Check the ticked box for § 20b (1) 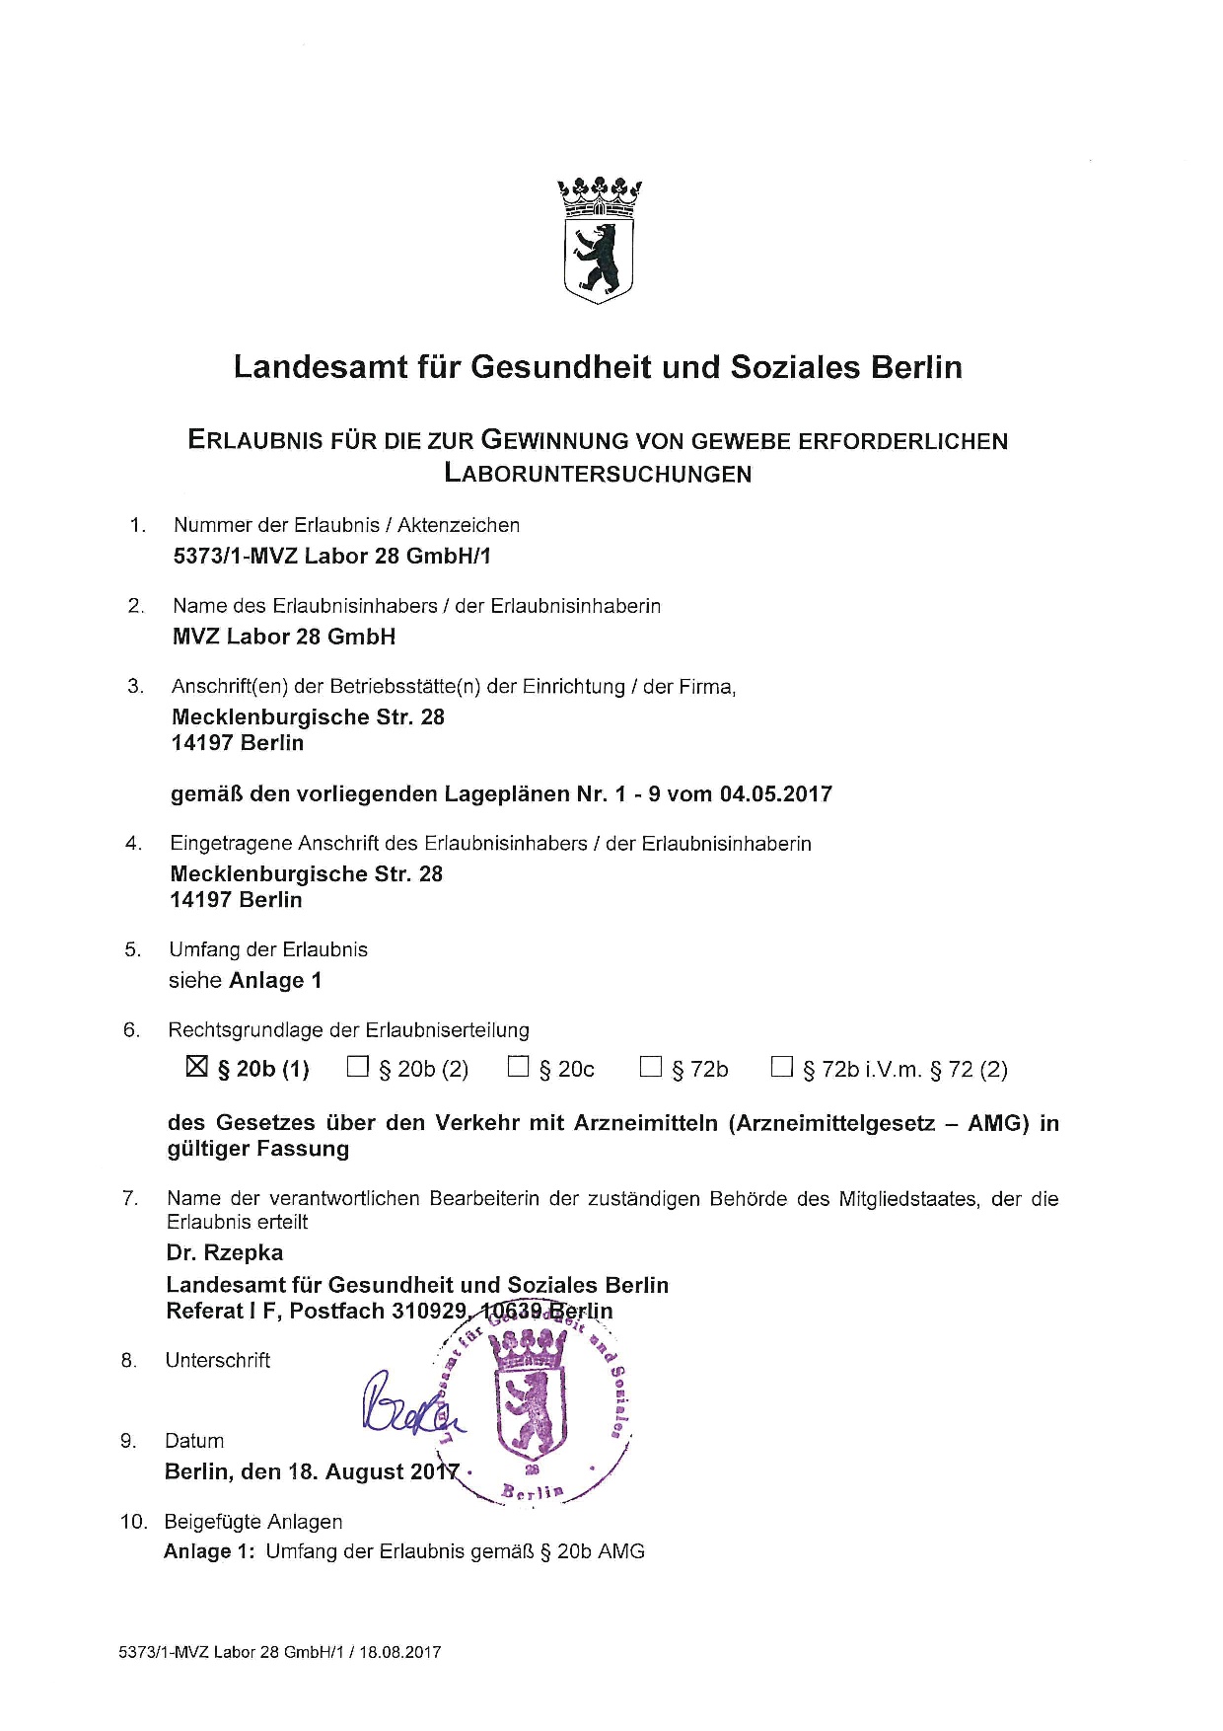pos(197,1067)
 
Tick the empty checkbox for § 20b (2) pos(358,1067)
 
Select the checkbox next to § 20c pos(518,1067)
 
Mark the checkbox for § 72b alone pos(651,1067)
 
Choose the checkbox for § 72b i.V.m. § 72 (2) pos(782,1067)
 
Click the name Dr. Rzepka pos(225,1252)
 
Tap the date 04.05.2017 pos(776,794)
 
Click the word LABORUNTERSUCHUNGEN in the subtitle pos(598,474)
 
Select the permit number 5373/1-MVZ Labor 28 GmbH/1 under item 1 pos(331,556)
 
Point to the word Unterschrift pos(218,1360)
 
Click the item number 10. pos(133,1522)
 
